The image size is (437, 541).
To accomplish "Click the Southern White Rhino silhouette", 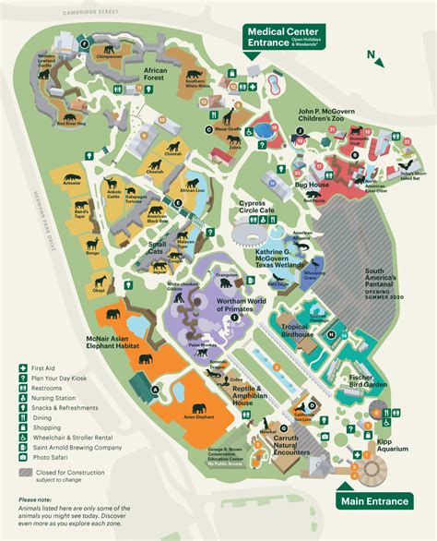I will tap(195, 76).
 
